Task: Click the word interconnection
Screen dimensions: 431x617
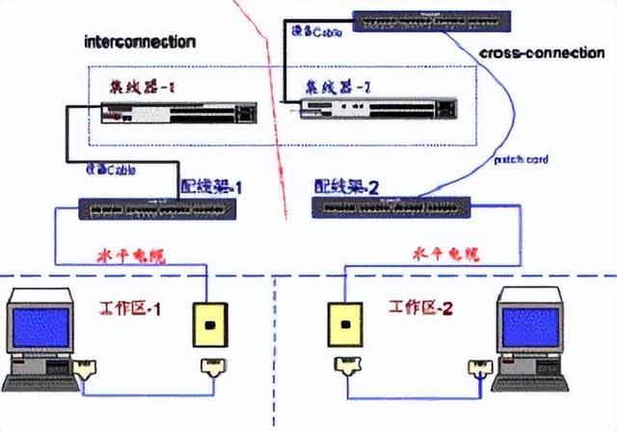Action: click(x=140, y=41)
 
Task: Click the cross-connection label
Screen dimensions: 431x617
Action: click(x=541, y=54)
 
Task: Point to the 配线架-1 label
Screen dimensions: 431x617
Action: click(x=213, y=185)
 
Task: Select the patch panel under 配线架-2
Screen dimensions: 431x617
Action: click(x=391, y=206)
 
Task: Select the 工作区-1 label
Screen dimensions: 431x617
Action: click(x=129, y=310)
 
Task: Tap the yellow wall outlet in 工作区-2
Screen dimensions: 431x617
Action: click(x=345, y=328)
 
